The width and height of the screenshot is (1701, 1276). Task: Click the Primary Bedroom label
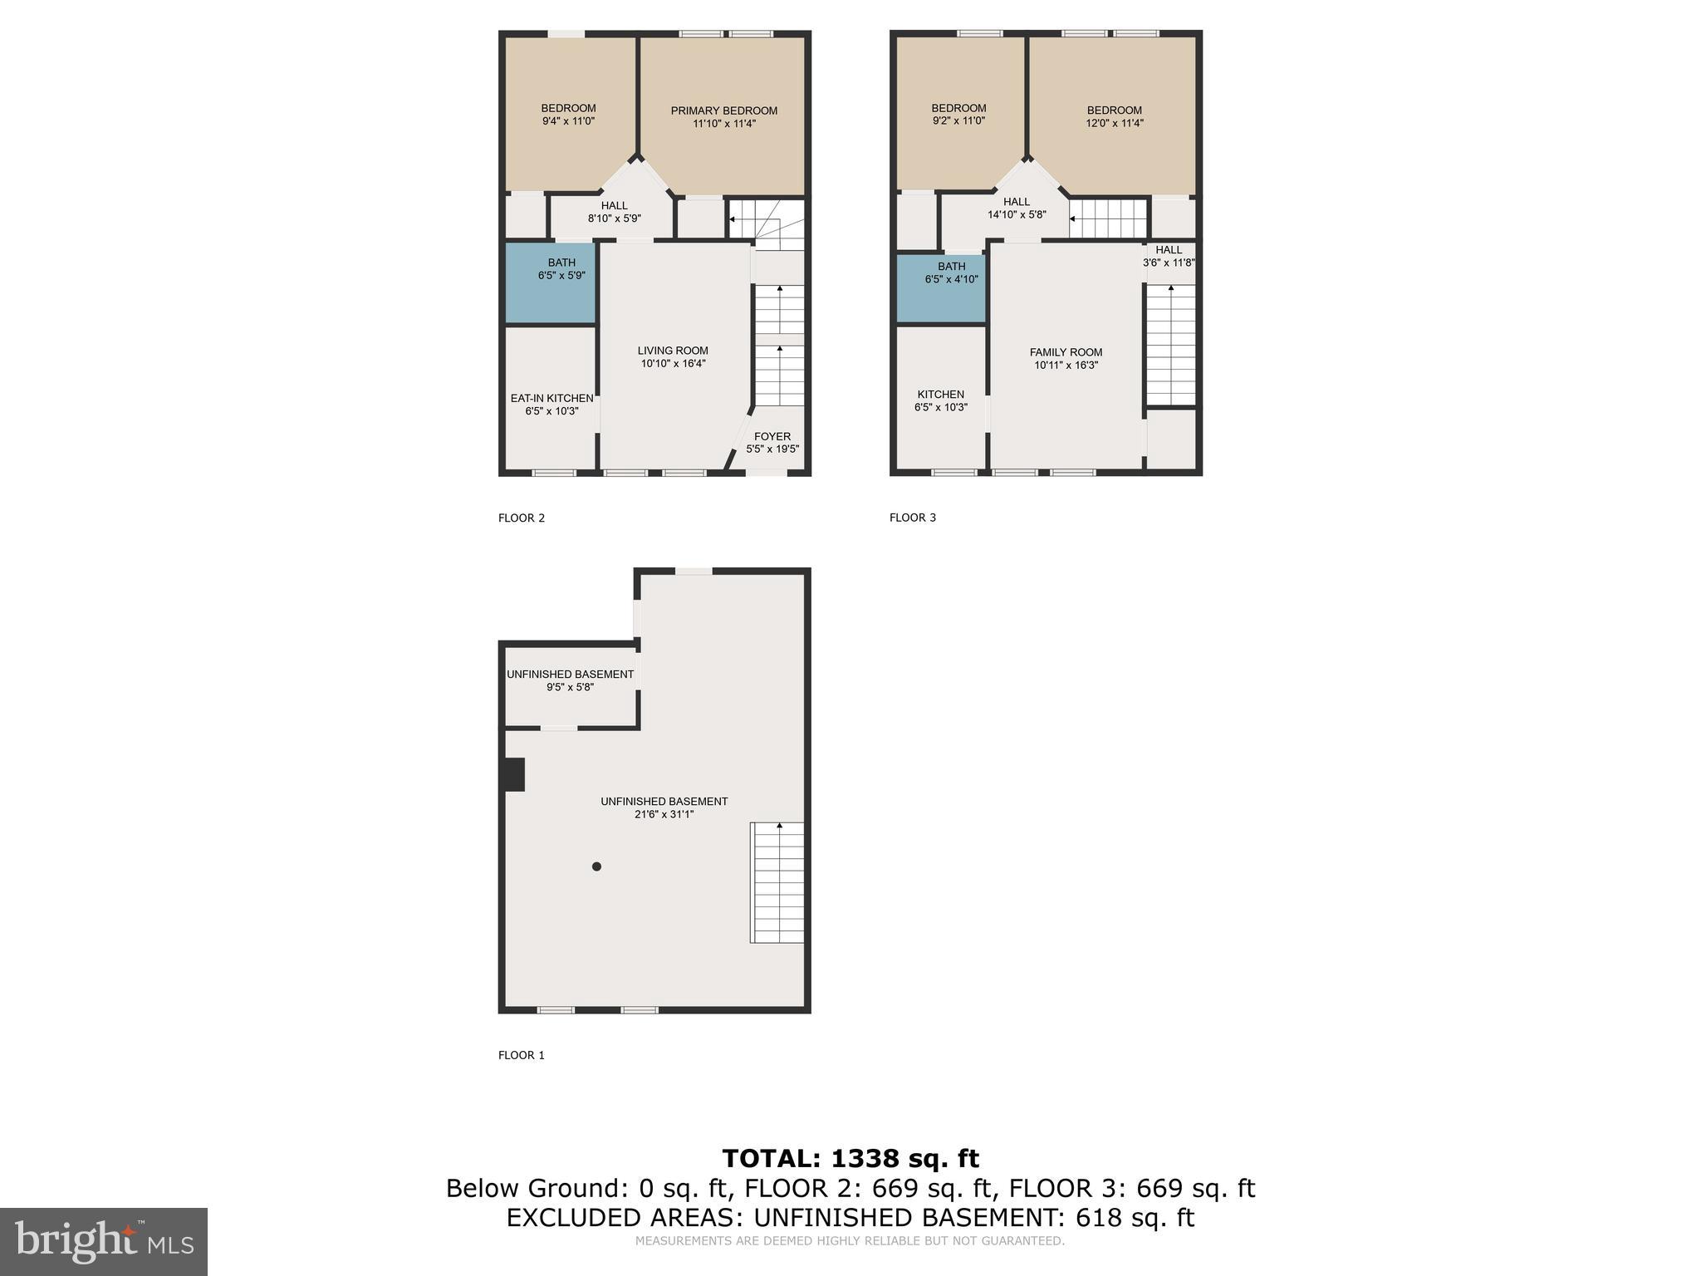click(723, 111)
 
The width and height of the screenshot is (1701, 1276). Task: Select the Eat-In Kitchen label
click(551, 399)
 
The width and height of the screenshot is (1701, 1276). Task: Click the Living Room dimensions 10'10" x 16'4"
click(673, 364)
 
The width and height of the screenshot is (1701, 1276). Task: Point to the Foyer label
click(772, 437)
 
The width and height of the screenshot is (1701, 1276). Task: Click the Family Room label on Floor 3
click(1066, 352)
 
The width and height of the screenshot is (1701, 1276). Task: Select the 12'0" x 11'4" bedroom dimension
click(1114, 123)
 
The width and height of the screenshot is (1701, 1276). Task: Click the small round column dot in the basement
click(596, 866)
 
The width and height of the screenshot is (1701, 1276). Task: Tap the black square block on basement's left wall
click(514, 774)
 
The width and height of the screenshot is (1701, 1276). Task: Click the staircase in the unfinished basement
click(777, 882)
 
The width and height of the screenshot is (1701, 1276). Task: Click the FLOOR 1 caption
click(521, 1055)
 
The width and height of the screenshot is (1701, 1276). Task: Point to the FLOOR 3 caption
click(912, 518)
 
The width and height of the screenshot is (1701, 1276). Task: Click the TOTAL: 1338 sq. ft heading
click(850, 1158)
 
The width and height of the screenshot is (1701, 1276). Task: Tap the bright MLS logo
click(104, 1241)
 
